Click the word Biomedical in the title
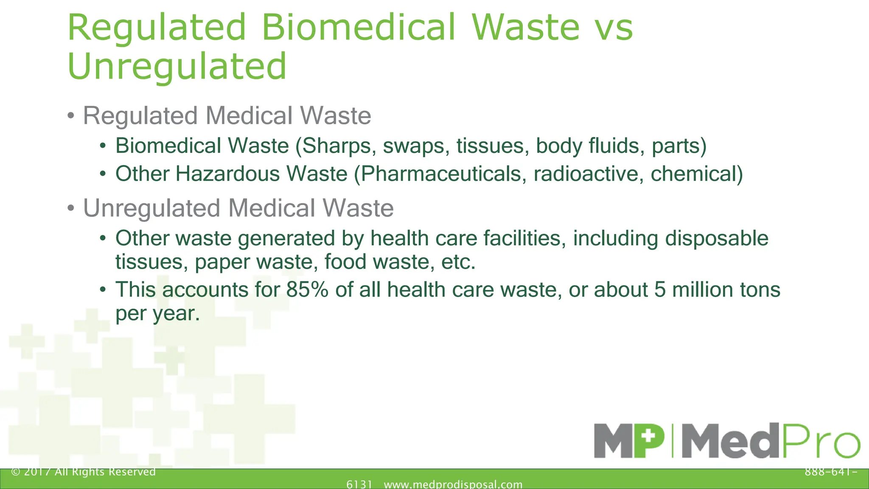point(359,28)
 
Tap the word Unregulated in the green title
point(177,67)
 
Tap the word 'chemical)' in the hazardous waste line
point(696,174)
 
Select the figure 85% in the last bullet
point(307,290)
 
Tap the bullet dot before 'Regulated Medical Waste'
point(71,116)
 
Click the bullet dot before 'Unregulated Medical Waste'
point(71,209)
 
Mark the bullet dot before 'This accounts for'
point(103,290)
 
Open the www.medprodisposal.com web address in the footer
point(453,484)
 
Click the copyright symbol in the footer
point(16,472)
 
